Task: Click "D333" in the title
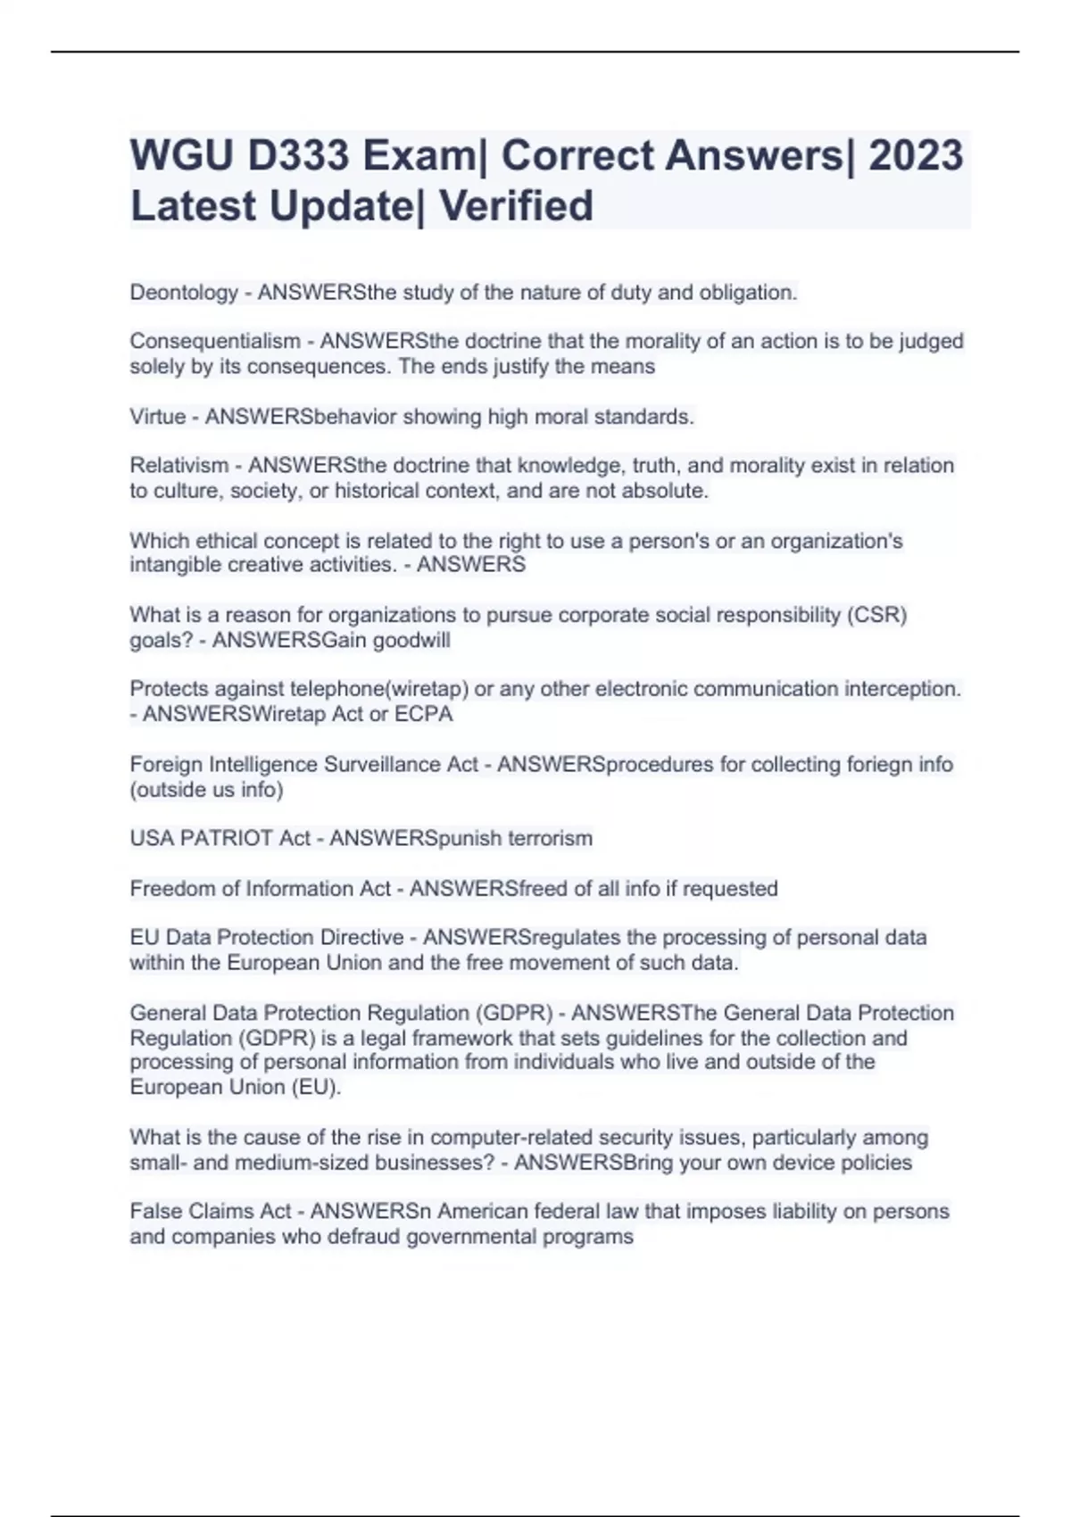pyautogui.click(x=298, y=156)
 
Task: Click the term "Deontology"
pyautogui.click(x=184, y=293)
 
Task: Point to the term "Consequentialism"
pyautogui.click(x=214, y=342)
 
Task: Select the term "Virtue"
pyautogui.click(x=157, y=417)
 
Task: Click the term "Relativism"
pyautogui.click(x=178, y=466)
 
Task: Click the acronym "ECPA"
pyautogui.click(x=423, y=714)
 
